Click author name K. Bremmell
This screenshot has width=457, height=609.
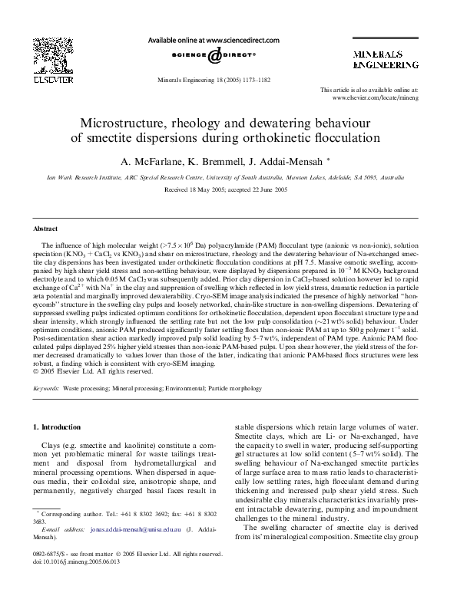point(214,162)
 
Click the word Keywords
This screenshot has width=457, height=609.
point(46,390)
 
